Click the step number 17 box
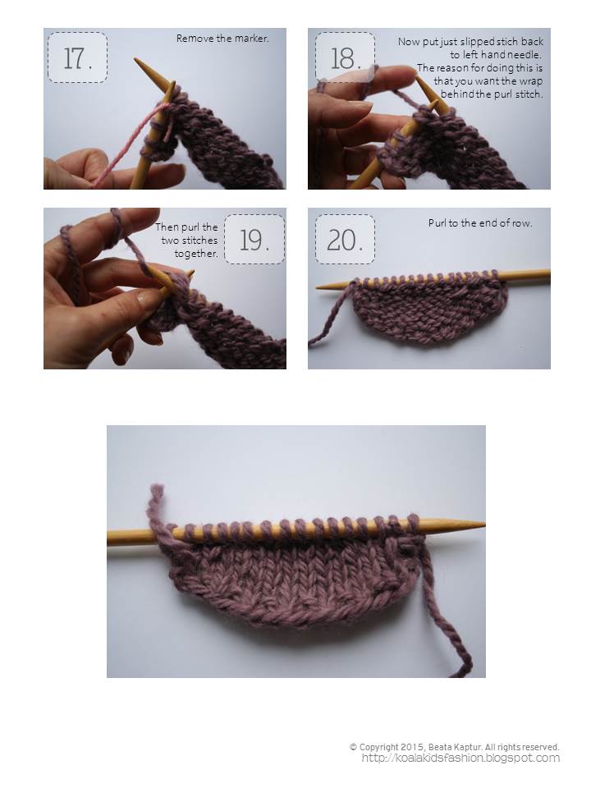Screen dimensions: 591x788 (77, 57)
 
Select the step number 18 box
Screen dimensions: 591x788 (345, 57)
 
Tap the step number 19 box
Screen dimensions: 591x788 (254, 239)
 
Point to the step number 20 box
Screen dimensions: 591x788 (345, 239)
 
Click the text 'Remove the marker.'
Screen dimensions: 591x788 (222, 39)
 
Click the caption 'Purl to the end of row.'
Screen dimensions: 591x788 (480, 222)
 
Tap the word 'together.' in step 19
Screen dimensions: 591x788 (196, 254)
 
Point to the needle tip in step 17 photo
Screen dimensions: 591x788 (135, 60)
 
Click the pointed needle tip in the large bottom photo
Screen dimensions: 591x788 (483, 525)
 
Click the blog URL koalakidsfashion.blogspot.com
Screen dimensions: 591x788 (460, 758)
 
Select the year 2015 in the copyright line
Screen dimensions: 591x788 (413, 747)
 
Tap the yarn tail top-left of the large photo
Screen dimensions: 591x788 (156, 507)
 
